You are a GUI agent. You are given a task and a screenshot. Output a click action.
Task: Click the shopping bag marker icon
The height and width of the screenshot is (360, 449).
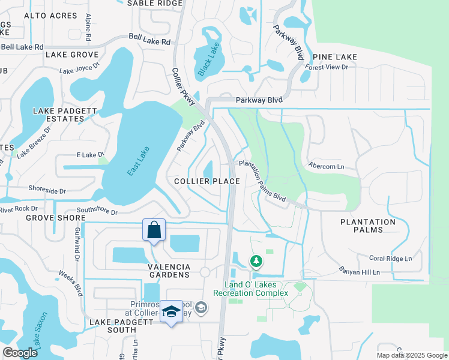154,230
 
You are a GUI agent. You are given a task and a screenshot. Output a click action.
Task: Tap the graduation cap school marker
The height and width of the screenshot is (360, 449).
172,311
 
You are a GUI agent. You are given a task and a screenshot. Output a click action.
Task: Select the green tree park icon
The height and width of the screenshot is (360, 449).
256,261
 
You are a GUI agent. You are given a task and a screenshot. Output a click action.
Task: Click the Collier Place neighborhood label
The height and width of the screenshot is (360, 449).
207,181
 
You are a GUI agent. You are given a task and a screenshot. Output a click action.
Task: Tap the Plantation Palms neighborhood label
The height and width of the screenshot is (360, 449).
368,226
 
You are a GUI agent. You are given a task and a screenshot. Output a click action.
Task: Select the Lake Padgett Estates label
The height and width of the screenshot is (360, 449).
58,115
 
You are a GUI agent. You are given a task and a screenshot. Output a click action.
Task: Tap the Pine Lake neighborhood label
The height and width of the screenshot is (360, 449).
334,57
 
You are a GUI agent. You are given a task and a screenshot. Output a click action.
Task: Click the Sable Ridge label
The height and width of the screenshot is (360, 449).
154,4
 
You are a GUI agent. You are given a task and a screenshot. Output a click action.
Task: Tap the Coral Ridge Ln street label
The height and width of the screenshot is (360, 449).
391,259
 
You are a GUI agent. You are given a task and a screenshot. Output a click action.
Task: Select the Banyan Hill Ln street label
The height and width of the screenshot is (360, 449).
360,272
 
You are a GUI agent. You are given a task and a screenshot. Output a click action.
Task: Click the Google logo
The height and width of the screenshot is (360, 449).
20,353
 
